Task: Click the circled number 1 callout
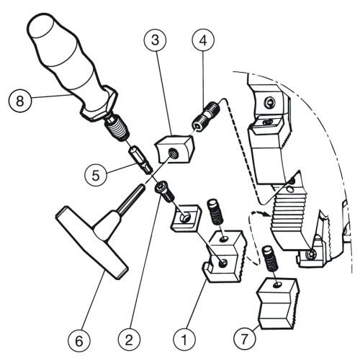[184, 339]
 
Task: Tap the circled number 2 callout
[129, 339]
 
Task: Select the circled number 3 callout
[156, 40]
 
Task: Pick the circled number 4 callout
[203, 40]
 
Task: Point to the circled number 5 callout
[96, 175]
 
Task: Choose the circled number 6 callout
[79, 341]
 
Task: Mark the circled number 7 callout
[245, 339]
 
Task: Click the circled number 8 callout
[19, 101]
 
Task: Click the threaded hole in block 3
[173, 153]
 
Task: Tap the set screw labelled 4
[206, 116]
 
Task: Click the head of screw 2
[160, 186]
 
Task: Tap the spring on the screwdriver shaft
[117, 129]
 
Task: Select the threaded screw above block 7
[270, 258]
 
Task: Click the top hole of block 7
[278, 284]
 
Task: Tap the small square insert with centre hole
[186, 218]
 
